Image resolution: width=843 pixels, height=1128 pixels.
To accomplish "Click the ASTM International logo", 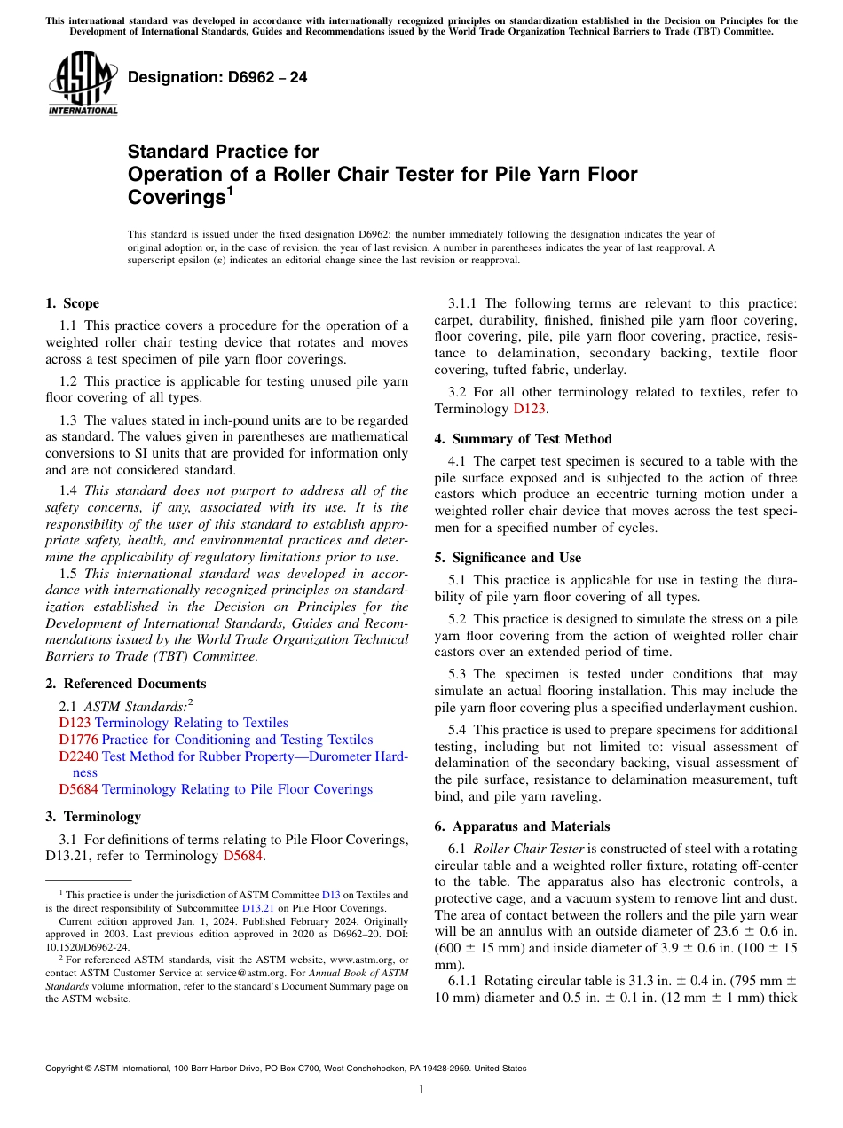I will tap(82, 82).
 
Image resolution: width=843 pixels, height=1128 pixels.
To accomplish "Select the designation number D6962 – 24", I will tap(217, 77).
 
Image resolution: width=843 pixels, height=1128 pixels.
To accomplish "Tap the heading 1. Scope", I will tap(72, 303).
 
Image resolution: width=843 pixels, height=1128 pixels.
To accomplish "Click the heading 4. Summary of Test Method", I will tap(523, 438).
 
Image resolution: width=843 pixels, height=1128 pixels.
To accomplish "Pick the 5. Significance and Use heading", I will tap(508, 558).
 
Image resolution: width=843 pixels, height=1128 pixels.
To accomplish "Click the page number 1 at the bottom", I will tap(421, 1090).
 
